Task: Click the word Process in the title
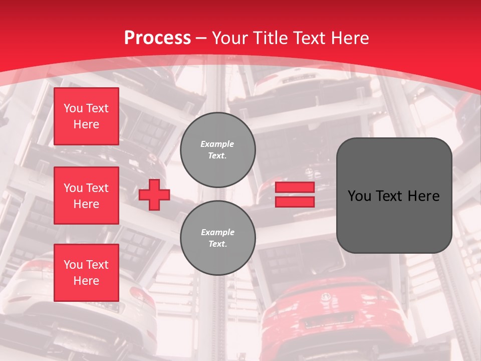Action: pos(157,38)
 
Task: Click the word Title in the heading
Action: pos(271,38)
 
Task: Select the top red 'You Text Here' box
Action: pos(86,116)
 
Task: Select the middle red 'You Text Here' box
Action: pos(86,196)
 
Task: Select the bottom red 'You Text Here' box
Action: pos(86,272)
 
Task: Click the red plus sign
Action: pos(154,195)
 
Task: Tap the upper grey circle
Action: pos(217,150)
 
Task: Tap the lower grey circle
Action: pos(217,238)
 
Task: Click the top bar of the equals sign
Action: pos(295,188)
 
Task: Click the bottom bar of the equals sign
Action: pos(295,202)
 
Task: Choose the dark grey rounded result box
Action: pos(394,221)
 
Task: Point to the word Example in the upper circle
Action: pos(217,144)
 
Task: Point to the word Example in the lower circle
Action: pos(217,232)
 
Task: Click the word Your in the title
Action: pos(230,38)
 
